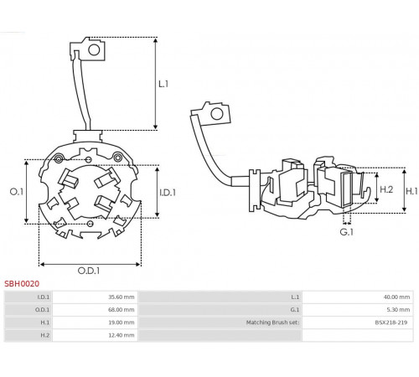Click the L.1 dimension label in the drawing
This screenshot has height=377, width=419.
point(163,84)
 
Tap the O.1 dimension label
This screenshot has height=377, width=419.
point(17,192)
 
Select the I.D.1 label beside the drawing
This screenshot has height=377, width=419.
point(168,193)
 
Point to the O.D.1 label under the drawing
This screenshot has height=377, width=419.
point(89,271)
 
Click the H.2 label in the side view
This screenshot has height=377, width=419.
point(386,189)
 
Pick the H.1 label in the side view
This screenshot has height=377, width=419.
point(411,191)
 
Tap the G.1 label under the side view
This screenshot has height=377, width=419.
point(347,232)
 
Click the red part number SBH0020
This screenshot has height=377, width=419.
point(22,284)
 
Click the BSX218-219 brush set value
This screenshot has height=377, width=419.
point(391,323)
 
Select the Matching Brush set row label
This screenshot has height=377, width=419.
point(272,323)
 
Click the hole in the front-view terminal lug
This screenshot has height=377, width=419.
point(94,50)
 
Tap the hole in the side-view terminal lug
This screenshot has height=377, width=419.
point(217,114)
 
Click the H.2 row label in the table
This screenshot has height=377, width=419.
point(45,335)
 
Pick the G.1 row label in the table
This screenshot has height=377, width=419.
point(295,310)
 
